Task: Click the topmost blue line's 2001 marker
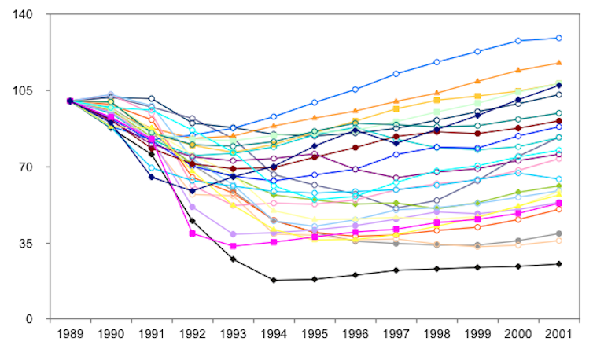[558, 38]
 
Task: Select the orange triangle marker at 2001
[558, 63]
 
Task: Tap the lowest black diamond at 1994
[273, 280]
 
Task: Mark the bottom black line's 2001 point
[558, 264]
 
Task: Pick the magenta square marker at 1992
[192, 233]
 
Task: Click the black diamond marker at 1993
[233, 259]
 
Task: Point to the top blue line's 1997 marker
[396, 74]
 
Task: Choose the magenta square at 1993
[233, 246]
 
